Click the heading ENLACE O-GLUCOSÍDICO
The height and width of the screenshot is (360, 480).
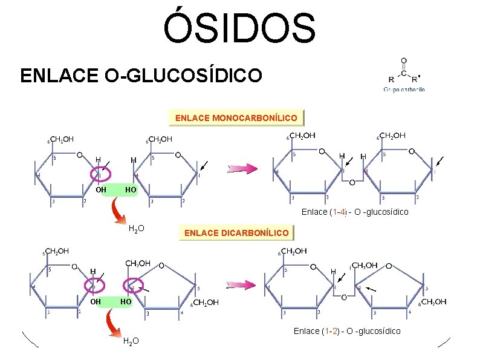coord(141,76)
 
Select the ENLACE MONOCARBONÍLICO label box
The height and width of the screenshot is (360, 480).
coord(236,117)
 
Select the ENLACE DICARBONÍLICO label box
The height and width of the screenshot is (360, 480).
coord(236,232)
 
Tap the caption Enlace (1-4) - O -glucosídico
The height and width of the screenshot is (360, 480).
coord(355,212)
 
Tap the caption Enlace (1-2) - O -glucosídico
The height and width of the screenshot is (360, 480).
coord(347,331)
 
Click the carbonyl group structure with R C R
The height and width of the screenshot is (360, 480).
coord(404,72)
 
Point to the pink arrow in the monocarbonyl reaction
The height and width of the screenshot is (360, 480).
coord(242,168)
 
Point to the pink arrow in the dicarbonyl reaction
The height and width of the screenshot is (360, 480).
coord(242,285)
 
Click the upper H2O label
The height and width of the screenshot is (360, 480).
coord(136,228)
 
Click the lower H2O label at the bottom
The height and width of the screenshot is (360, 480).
coord(131,341)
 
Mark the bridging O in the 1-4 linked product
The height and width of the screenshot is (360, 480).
coord(353,182)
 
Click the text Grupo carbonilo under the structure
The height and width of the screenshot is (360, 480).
coord(404,89)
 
